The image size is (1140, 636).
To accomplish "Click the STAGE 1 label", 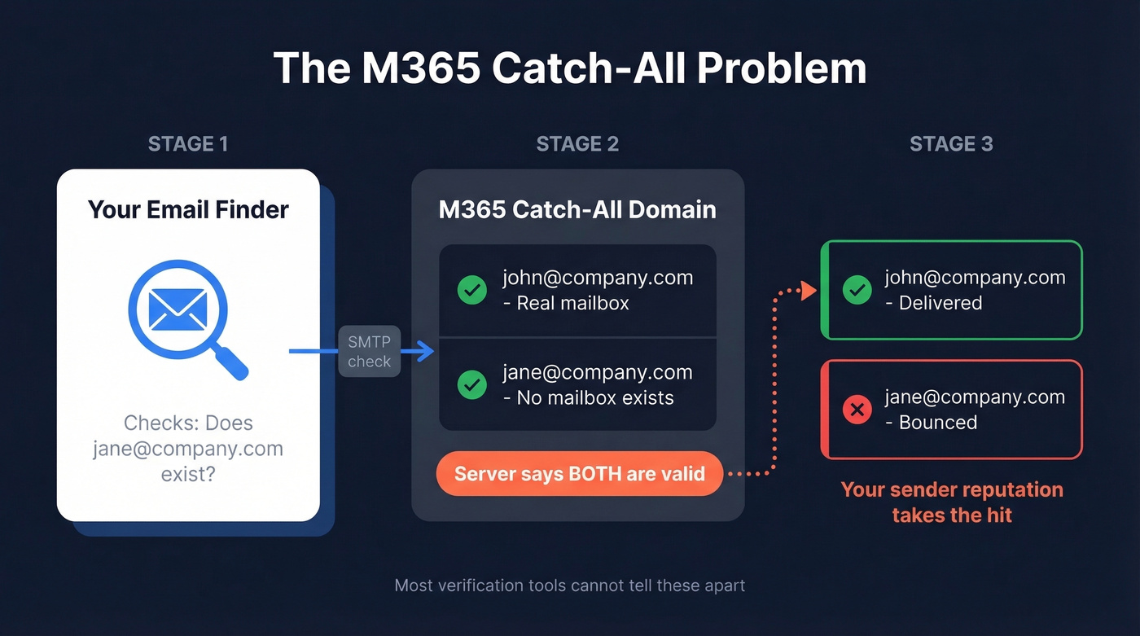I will coord(188,144).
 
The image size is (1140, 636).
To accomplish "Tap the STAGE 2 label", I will coord(577,144).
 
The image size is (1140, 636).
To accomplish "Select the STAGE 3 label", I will coord(951,144).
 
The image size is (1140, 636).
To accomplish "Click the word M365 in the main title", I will coord(420,68).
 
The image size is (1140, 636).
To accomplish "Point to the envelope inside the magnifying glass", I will coord(178,309).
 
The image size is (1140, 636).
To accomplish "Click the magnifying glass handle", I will coord(232,362).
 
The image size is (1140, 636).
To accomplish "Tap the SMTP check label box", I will coord(370,352).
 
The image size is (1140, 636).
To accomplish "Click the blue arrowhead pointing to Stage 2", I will coord(424,352).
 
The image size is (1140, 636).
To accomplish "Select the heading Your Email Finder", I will coord(188,209).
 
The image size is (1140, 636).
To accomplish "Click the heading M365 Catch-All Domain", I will coord(577,209).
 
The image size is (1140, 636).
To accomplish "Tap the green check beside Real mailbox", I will coord(471,290).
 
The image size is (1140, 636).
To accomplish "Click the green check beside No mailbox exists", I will coord(471,384).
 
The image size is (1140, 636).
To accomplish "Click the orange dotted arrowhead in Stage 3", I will coord(809,291).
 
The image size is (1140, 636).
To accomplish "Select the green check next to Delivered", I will coord(857,290).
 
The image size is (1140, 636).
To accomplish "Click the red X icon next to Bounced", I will coord(857,410).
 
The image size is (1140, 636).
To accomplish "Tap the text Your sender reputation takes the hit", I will coord(952,502).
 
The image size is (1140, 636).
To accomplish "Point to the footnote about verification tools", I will coord(569,586).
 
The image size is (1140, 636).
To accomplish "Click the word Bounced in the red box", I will coord(938,423).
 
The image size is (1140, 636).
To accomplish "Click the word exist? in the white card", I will coord(188,473).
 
